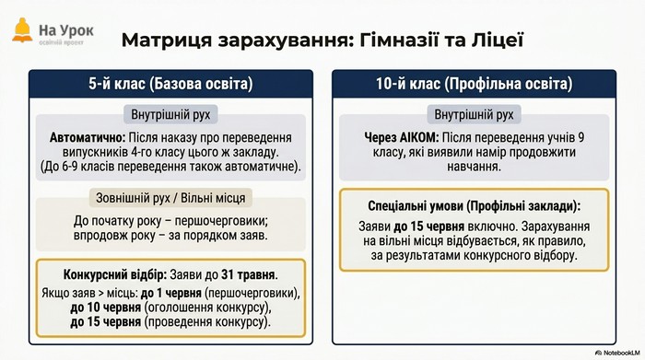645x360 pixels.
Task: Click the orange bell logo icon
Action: point(22,30)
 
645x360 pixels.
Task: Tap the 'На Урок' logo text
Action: point(66,30)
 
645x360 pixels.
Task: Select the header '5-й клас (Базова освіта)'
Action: point(170,84)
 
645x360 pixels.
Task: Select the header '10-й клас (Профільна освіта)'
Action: point(474,84)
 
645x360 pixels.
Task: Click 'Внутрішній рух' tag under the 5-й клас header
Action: point(170,115)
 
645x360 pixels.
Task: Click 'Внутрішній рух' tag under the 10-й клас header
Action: point(474,115)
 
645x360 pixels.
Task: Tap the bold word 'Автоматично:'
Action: point(88,138)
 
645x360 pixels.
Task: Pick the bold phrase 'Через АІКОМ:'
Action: point(402,138)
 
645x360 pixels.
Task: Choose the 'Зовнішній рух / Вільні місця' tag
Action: point(170,198)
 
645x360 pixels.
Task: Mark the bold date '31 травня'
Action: point(248,274)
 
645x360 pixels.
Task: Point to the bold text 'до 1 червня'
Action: point(171,293)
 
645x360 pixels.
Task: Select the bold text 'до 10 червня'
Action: point(105,308)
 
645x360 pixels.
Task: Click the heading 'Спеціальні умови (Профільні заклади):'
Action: point(474,206)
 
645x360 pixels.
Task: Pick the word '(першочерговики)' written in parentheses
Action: point(252,294)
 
